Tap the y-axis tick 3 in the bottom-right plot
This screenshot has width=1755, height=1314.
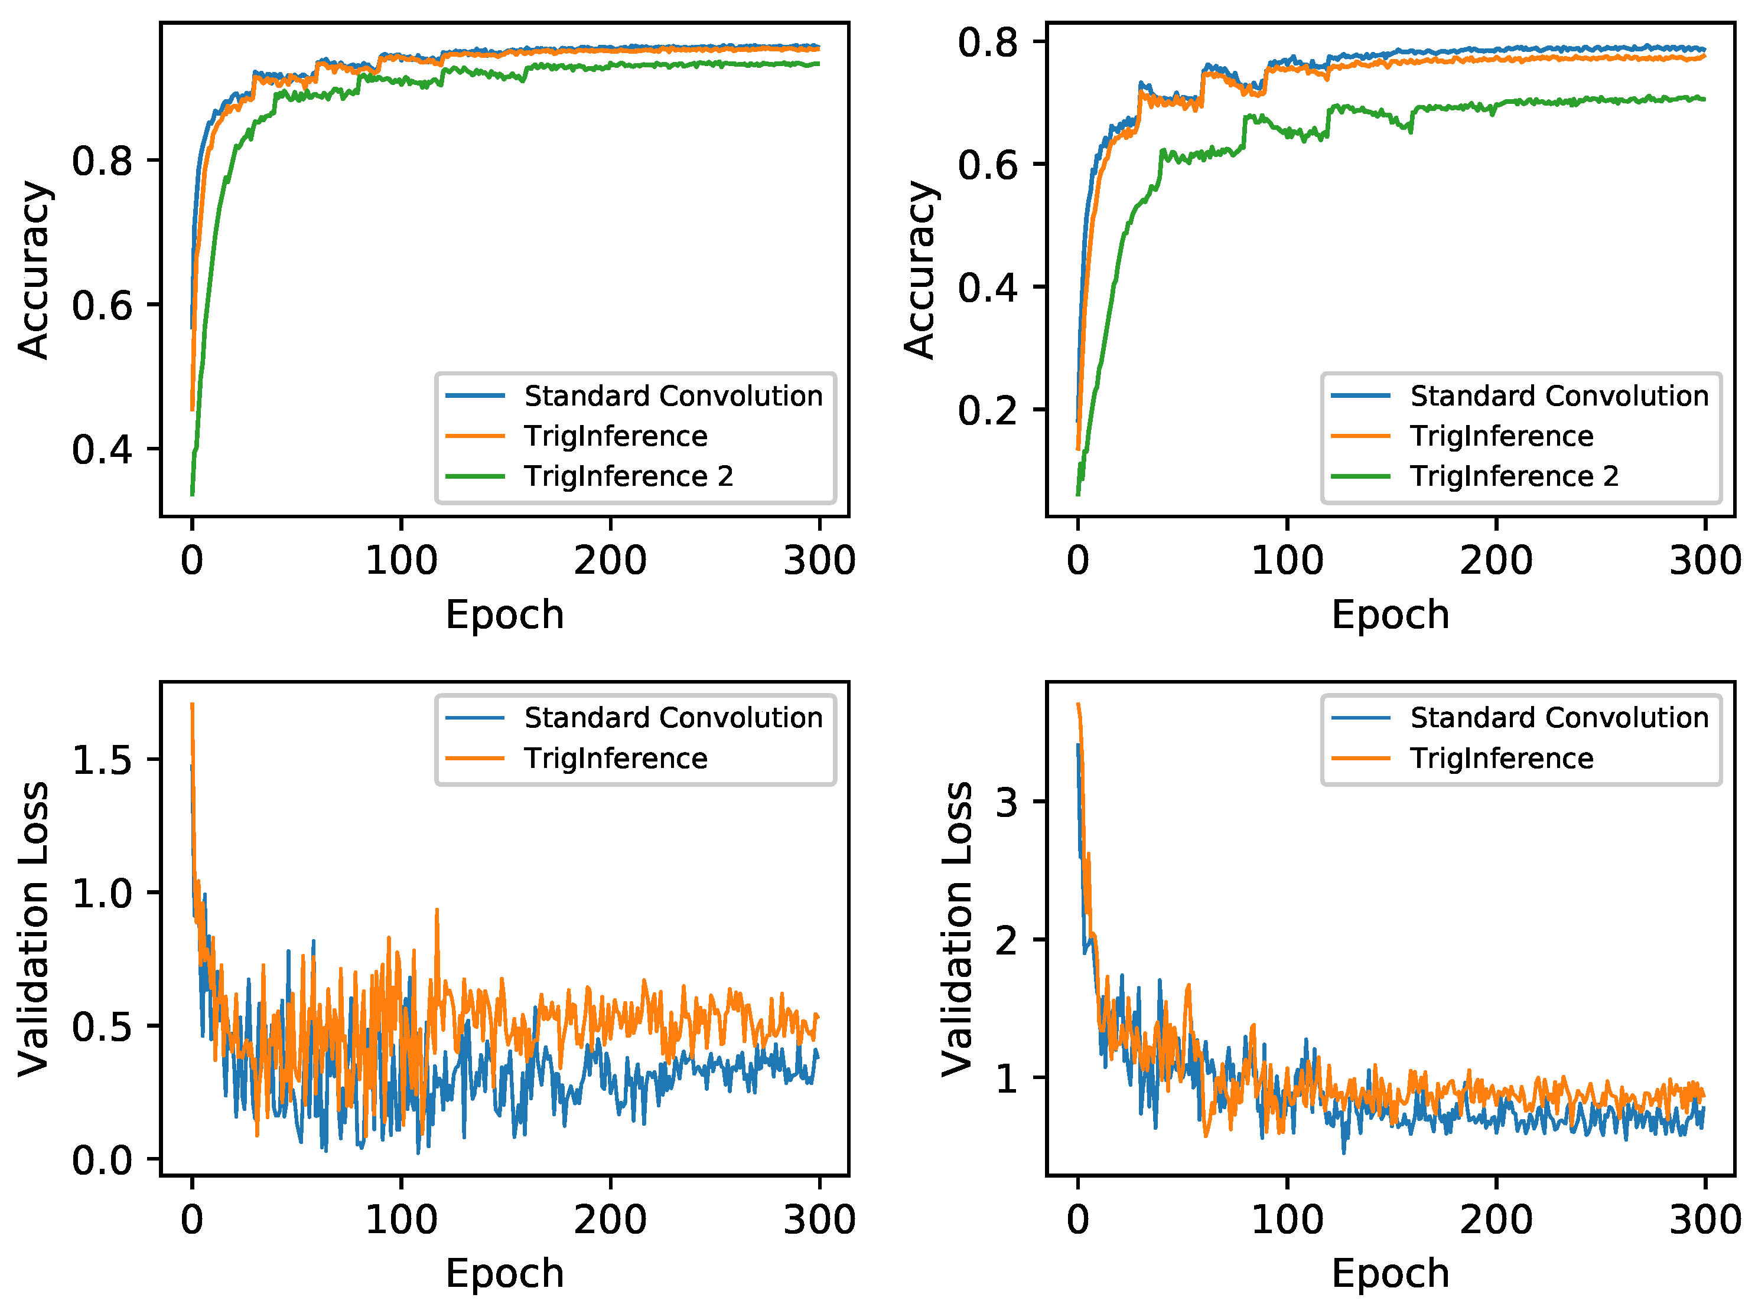1006,802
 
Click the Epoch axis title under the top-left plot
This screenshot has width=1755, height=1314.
504,614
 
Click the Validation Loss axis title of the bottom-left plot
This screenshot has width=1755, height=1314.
33,929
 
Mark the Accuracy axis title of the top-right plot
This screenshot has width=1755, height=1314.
920,270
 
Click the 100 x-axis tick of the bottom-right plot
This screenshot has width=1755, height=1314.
1287,1220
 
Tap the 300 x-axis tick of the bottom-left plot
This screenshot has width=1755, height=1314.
819,1220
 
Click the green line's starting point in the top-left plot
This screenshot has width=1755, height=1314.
192,494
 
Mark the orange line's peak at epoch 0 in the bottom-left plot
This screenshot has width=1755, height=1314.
192,704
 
